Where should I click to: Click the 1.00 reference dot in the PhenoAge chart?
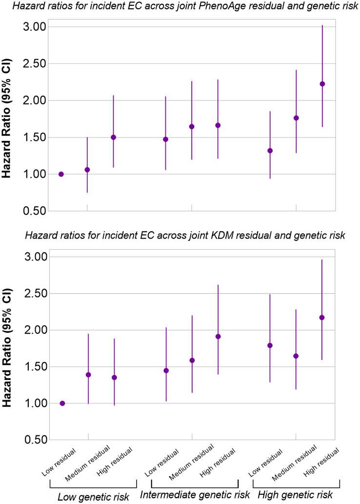[61, 174]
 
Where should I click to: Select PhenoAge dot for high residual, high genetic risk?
[322, 84]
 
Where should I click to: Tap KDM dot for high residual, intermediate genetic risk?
[218, 337]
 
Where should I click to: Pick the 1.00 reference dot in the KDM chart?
[62, 403]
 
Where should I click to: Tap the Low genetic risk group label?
[93, 497]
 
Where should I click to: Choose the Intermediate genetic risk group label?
[195, 495]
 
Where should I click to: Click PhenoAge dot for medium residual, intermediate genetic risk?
[192, 127]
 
